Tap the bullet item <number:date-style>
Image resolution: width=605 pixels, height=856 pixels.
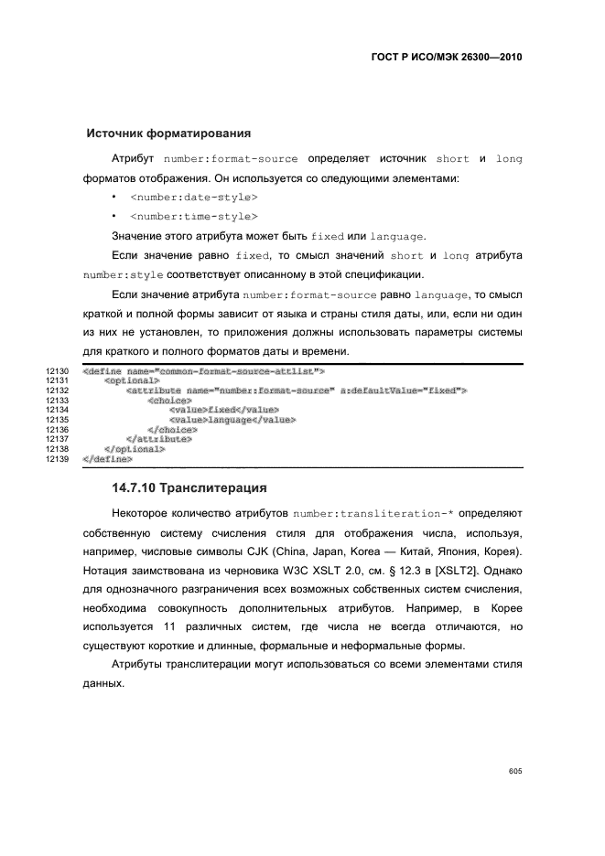[x=193, y=197]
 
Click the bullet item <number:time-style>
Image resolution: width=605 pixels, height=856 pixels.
[x=193, y=216]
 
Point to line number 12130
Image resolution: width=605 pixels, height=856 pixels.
[x=57, y=370]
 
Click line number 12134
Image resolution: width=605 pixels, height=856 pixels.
[x=57, y=411]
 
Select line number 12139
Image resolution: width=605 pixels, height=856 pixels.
[x=57, y=459]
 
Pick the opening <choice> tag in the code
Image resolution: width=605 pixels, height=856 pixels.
[x=169, y=400]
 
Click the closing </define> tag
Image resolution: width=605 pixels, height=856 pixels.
[x=107, y=459]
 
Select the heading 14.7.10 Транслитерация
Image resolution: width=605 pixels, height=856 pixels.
[x=189, y=487]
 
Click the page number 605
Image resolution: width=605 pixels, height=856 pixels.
[x=514, y=771]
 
